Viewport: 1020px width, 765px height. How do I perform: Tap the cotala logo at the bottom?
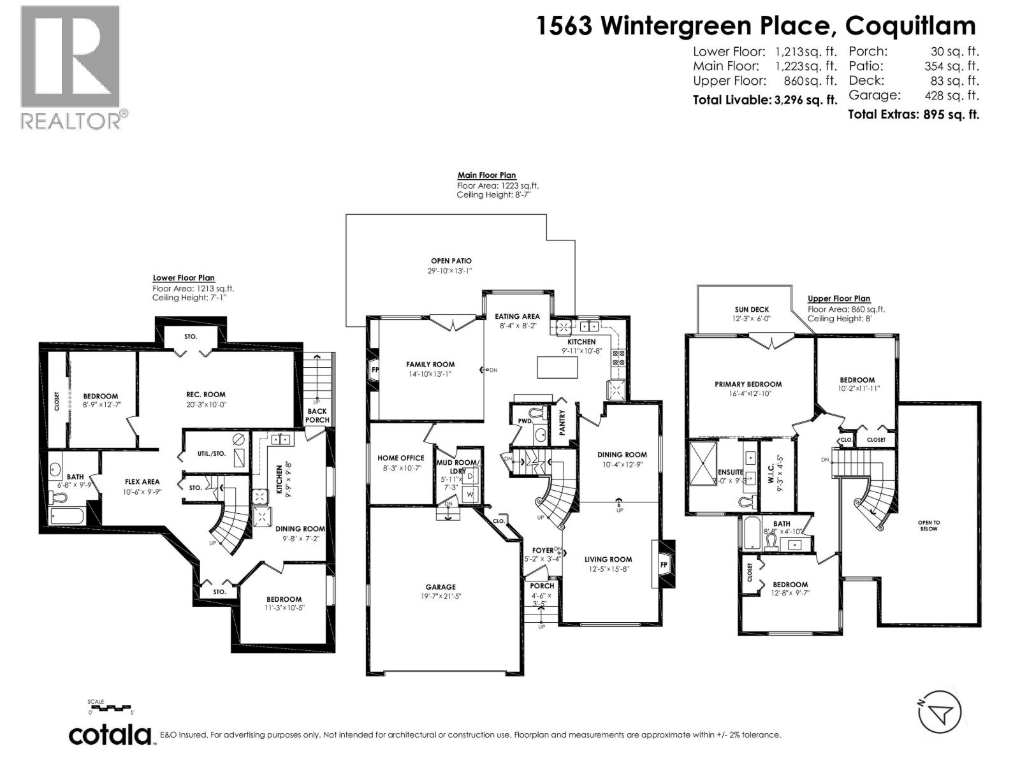click(x=110, y=735)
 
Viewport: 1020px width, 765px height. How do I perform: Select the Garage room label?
click(x=441, y=587)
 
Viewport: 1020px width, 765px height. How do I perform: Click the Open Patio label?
click(x=451, y=261)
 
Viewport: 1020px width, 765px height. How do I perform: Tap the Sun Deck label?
click(x=752, y=310)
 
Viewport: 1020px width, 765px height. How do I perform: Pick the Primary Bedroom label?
click(x=748, y=384)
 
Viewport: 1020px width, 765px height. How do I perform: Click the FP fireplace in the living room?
click(x=664, y=564)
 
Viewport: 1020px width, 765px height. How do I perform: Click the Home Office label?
click(x=400, y=458)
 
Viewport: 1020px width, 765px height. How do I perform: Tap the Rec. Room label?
click(x=206, y=394)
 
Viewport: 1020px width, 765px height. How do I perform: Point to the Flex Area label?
click(x=142, y=482)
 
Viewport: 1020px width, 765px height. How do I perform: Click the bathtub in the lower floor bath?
click(x=67, y=515)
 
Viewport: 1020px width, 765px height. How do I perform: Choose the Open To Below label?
click(x=929, y=525)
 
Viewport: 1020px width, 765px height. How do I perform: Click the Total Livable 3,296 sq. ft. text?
click(x=764, y=100)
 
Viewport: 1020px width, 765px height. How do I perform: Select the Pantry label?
click(x=562, y=423)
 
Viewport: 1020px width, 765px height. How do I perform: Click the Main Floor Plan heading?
click(x=486, y=175)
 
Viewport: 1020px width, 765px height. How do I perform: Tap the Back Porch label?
click(x=317, y=415)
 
